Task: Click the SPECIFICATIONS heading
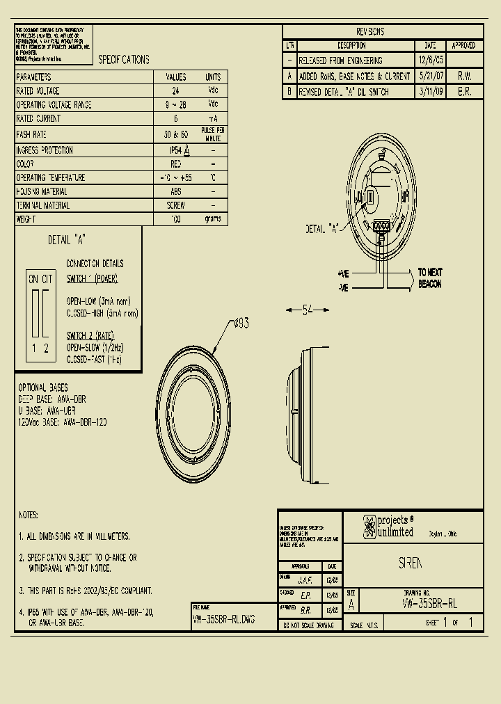[124, 60]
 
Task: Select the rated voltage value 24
[175, 91]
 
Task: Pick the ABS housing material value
[175, 191]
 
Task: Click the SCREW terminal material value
[175, 205]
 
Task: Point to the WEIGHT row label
[27, 219]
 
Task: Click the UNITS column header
[213, 77]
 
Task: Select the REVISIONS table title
[369, 32]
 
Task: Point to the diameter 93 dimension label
[241, 323]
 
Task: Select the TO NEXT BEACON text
[430, 278]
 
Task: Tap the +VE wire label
[343, 273]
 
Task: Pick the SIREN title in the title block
[411, 564]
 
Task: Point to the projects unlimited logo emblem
[368, 527]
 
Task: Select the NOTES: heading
[29, 515]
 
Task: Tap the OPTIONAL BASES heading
[43, 387]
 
